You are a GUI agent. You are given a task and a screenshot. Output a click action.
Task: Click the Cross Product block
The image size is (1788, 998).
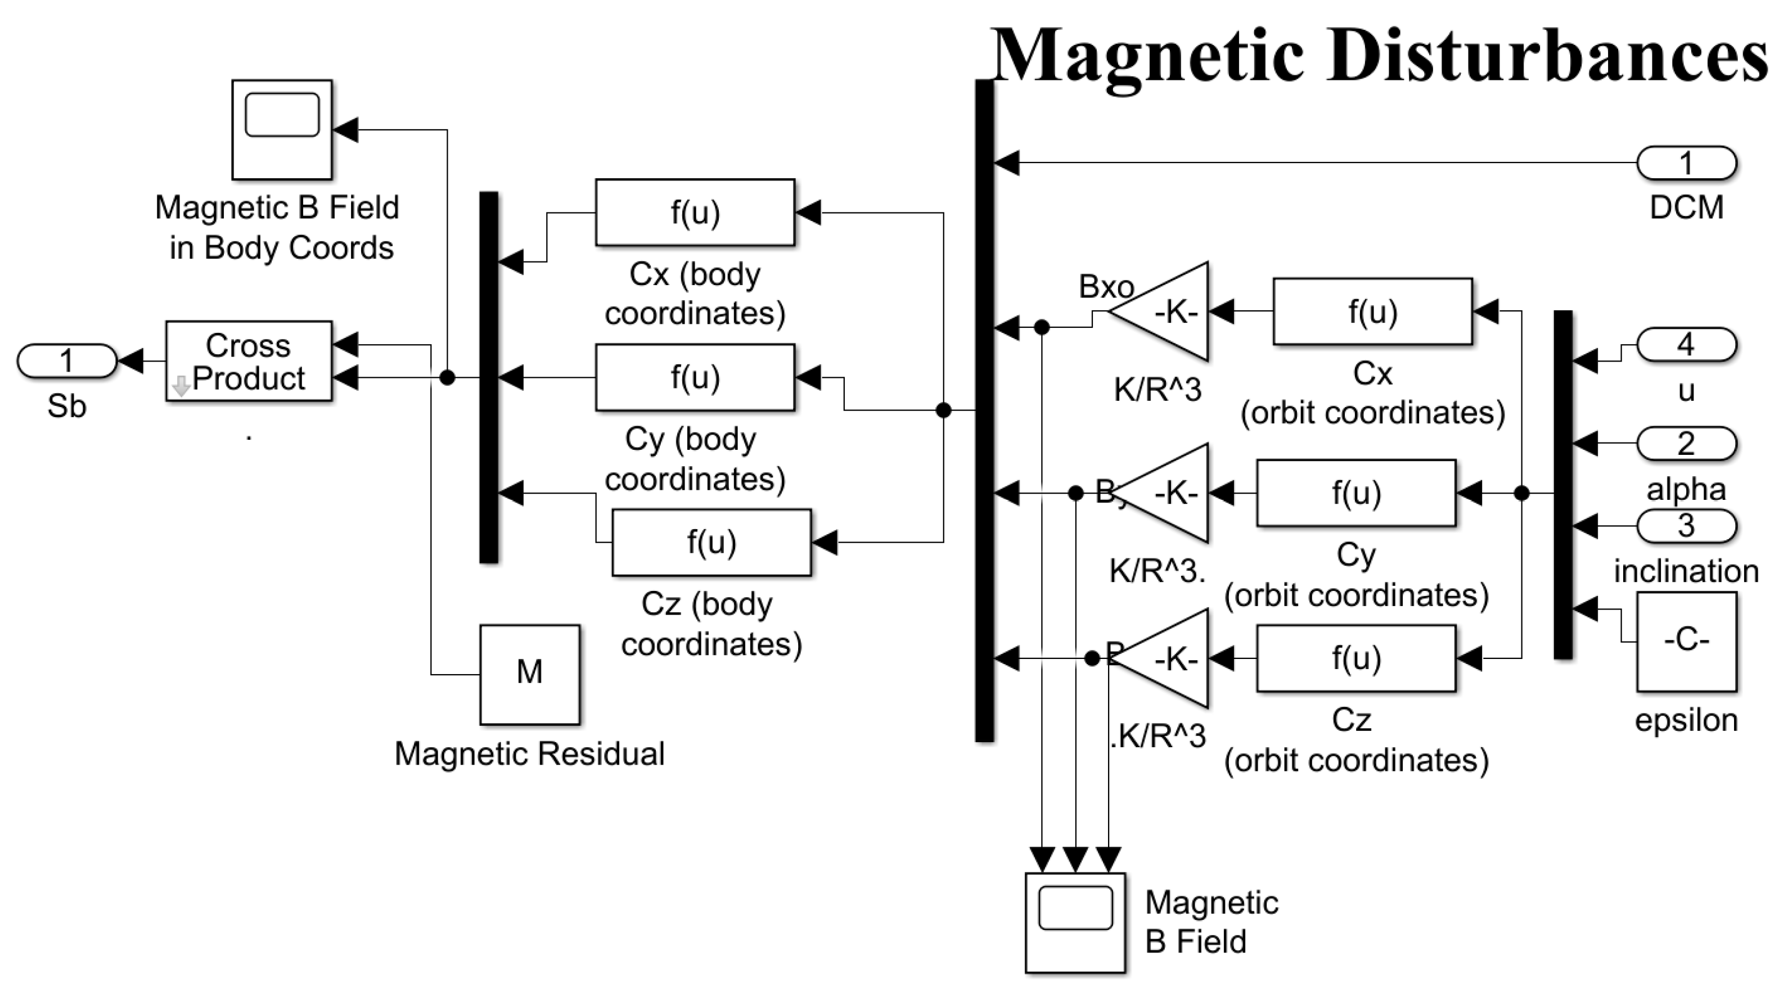point(249,361)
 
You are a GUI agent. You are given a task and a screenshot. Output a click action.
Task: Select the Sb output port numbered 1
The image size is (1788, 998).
point(66,361)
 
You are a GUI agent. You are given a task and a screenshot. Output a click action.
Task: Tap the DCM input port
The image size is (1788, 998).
point(1686,164)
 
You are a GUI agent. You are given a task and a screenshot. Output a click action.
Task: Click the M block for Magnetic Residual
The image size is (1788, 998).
point(530,674)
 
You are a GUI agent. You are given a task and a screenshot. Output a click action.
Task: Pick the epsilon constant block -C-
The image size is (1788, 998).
point(1686,640)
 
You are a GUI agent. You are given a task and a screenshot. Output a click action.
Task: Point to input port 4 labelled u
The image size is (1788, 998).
point(1686,345)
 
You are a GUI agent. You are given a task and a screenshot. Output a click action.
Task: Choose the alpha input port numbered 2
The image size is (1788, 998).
point(1686,444)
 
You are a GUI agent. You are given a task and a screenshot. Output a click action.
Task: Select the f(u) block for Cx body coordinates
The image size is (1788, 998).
point(695,213)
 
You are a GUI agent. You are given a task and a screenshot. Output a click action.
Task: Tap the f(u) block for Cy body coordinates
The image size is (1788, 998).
point(695,377)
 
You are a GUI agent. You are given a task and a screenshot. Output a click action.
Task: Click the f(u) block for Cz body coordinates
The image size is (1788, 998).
point(711,542)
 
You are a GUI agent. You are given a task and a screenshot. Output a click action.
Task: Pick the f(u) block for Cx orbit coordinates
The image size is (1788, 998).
point(1372,311)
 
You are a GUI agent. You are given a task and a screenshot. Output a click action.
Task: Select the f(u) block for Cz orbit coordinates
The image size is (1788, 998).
point(1355,658)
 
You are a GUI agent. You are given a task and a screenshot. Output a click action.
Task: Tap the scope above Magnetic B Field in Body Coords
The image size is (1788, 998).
point(282,130)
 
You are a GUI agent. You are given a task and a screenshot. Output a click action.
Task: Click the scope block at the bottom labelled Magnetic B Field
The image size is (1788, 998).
point(1075,922)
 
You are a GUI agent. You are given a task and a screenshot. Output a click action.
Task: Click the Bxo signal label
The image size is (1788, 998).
point(1106,287)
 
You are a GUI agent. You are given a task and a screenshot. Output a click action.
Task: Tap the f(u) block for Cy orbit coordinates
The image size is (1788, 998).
point(1355,493)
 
